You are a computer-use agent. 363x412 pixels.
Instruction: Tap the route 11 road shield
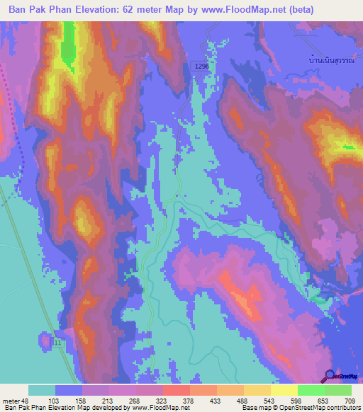pos(56,343)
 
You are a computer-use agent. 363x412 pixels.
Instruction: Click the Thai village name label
pos(332,59)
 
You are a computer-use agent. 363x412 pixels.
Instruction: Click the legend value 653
pos(323,400)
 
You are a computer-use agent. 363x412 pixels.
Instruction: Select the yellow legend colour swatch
pos(284,390)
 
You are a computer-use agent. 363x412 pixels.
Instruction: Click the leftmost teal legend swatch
pos(42,390)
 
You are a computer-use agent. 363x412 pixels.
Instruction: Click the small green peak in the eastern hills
pos(347,147)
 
